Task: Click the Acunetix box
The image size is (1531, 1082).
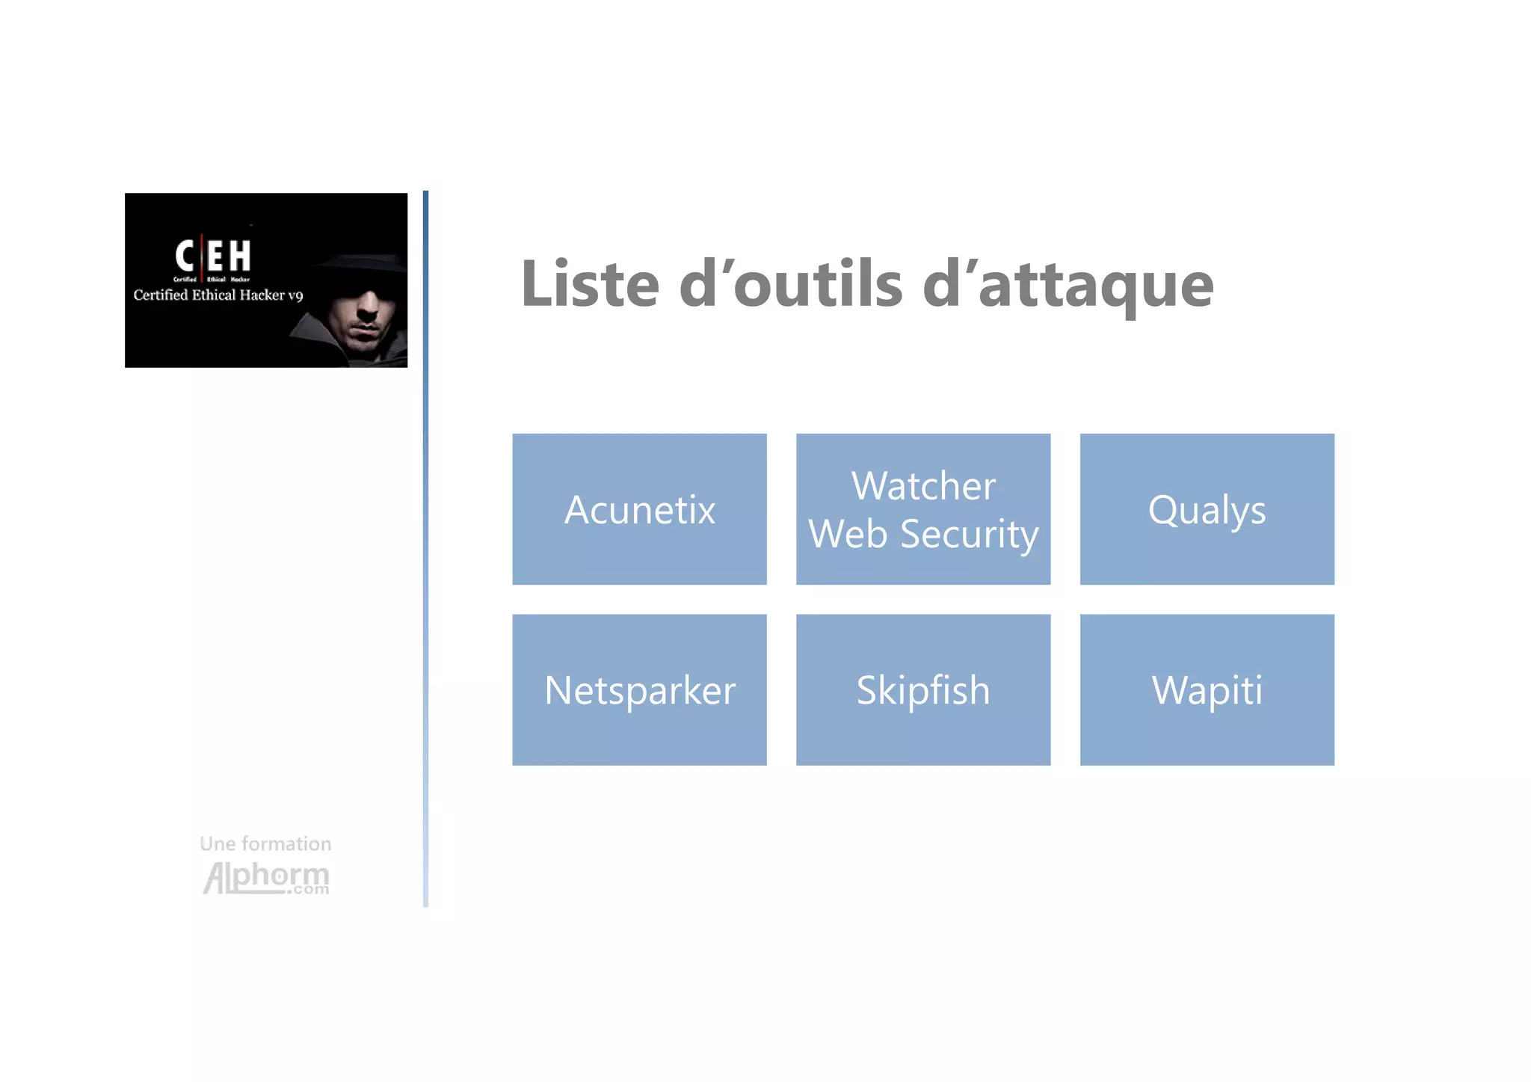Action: point(639,509)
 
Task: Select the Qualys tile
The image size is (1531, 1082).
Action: point(1207,509)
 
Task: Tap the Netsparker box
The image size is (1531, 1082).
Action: point(639,689)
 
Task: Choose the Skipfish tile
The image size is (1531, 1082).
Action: point(922,689)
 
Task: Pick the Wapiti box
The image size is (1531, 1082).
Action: point(1207,689)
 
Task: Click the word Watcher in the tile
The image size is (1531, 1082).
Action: point(923,486)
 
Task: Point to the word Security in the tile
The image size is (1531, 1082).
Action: point(969,534)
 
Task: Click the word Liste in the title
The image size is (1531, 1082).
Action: point(590,284)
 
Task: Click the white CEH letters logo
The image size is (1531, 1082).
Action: point(213,256)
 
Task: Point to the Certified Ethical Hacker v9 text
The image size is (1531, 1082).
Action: point(218,295)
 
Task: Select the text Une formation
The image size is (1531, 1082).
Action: point(265,843)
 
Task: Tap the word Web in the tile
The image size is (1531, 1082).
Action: point(848,534)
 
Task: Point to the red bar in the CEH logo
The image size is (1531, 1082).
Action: point(202,258)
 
